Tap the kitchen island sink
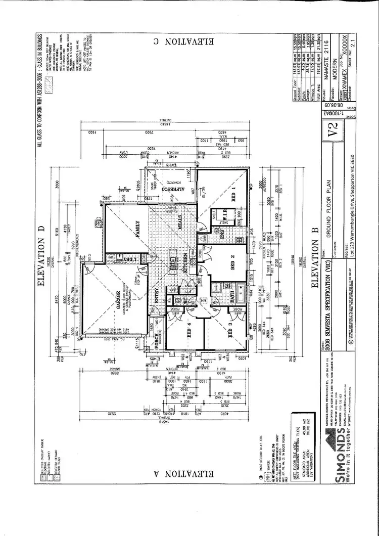(x=172, y=264)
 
